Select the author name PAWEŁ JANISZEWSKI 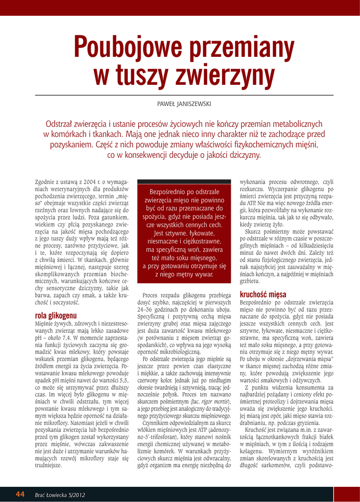[180, 104]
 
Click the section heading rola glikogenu [56, 316]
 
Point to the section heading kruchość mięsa [263, 294]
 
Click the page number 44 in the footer [20, 494]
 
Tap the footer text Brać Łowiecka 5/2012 [60, 494]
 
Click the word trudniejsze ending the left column [49, 465]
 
